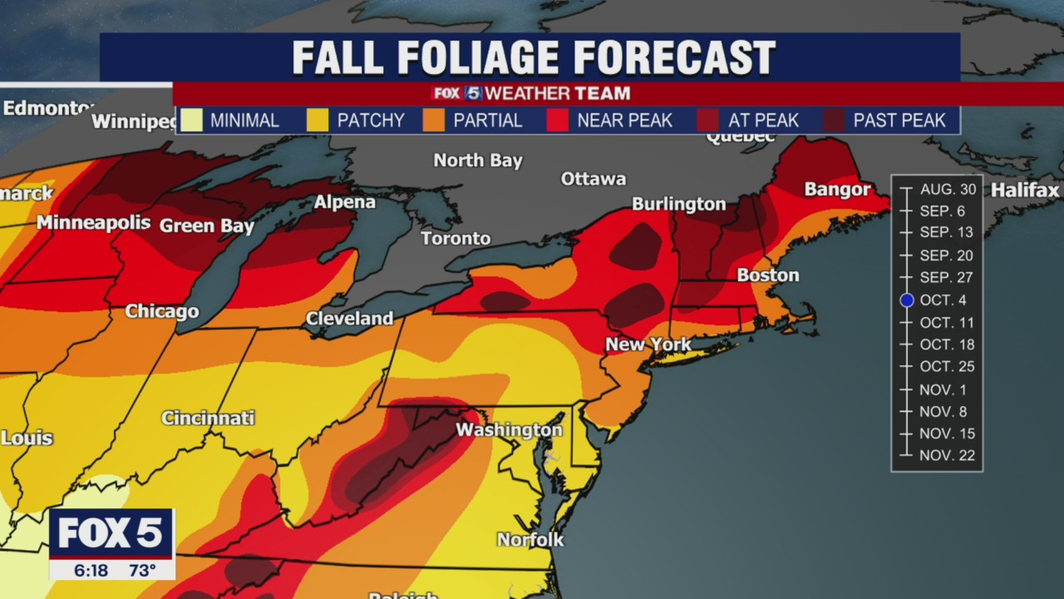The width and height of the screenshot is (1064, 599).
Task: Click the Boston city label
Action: [768, 275]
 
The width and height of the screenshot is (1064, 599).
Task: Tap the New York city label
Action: [648, 344]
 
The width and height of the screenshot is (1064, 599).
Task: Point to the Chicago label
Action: [162, 312]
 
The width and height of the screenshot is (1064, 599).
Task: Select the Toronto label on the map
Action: [456, 239]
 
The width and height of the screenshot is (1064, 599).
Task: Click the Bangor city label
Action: [837, 190]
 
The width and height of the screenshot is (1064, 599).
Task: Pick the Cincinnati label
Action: [208, 418]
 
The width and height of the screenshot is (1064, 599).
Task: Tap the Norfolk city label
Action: [530, 540]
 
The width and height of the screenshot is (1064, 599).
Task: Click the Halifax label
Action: [1025, 191]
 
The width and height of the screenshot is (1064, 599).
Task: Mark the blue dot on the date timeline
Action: [907, 300]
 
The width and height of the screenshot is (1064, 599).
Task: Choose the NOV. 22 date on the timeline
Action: [947, 456]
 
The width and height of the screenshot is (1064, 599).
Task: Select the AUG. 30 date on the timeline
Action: [948, 190]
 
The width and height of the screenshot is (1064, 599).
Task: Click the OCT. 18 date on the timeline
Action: [947, 344]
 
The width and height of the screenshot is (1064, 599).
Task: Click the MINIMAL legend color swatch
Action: [191, 121]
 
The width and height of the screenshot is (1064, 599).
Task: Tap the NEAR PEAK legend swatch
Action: [558, 121]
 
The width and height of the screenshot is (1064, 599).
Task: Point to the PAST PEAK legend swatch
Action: [834, 121]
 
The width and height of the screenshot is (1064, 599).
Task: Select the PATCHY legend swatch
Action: [318, 121]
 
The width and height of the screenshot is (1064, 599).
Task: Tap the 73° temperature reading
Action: [142, 571]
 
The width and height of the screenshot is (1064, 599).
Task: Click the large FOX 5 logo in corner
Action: [111, 533]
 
